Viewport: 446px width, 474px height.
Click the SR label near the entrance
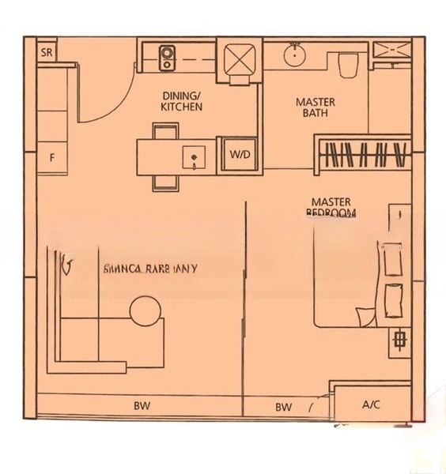pos(47,53)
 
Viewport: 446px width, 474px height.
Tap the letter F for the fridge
pos(52,157)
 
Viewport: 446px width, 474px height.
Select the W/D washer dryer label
pos(239,155)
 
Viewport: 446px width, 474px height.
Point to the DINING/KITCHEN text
pos(181,100)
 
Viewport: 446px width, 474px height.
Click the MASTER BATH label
pos(315,107)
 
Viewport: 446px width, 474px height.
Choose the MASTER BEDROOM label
pos(331,207)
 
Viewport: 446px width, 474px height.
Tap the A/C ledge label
pos(371,404)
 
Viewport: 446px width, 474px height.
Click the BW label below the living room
pos(142,407)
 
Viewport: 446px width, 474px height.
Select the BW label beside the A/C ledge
pos(283,407)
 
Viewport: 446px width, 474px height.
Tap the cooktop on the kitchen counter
pos(168,56)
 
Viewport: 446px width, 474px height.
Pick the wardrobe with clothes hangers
pos(364,153)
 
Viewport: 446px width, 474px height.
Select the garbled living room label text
pos(150,269)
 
